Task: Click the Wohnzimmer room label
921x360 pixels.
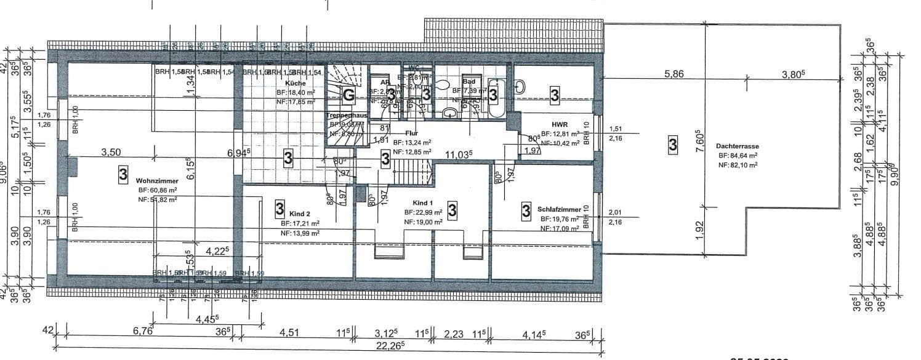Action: (x=158, y=181)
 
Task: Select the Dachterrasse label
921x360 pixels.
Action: (x=737, y=146)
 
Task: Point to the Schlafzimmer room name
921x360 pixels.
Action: (x=558, y=209)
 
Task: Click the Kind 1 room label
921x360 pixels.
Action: (x=423, y=202)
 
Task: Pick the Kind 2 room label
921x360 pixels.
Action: (x=299, y=214)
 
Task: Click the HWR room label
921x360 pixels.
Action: (x=560, y=124)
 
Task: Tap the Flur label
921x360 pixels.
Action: (x=412, y=133)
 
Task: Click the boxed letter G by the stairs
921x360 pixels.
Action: (x=348, y=94)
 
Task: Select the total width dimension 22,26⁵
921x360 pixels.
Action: (x=393, y=345)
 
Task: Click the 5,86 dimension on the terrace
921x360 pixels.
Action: (x=674, y=74)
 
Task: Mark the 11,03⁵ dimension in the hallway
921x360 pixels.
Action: (x=459, y=154)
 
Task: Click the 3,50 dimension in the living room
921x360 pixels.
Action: (x=111, y=152)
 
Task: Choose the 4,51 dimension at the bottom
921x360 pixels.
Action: (x=289, y=333)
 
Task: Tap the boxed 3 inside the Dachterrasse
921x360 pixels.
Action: (x=673, y=145)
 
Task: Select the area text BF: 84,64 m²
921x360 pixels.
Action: (x=737, y=156)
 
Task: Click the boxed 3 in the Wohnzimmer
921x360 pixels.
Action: (x=123, y=175)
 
